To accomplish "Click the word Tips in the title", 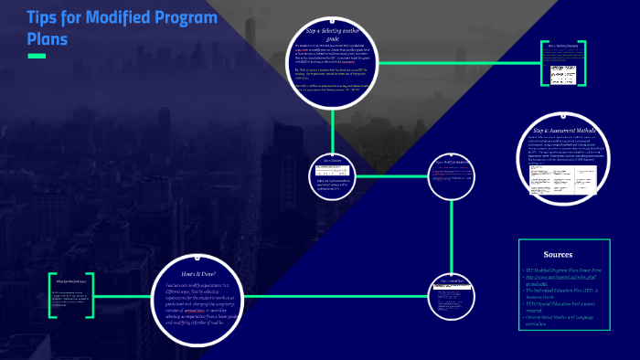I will tap(43, 19).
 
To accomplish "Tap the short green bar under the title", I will tap(37, 57).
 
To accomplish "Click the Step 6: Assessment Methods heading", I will tap(564, 131).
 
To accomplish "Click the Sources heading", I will tap(557, 254).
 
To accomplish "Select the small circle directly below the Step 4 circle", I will tap(336, 174).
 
